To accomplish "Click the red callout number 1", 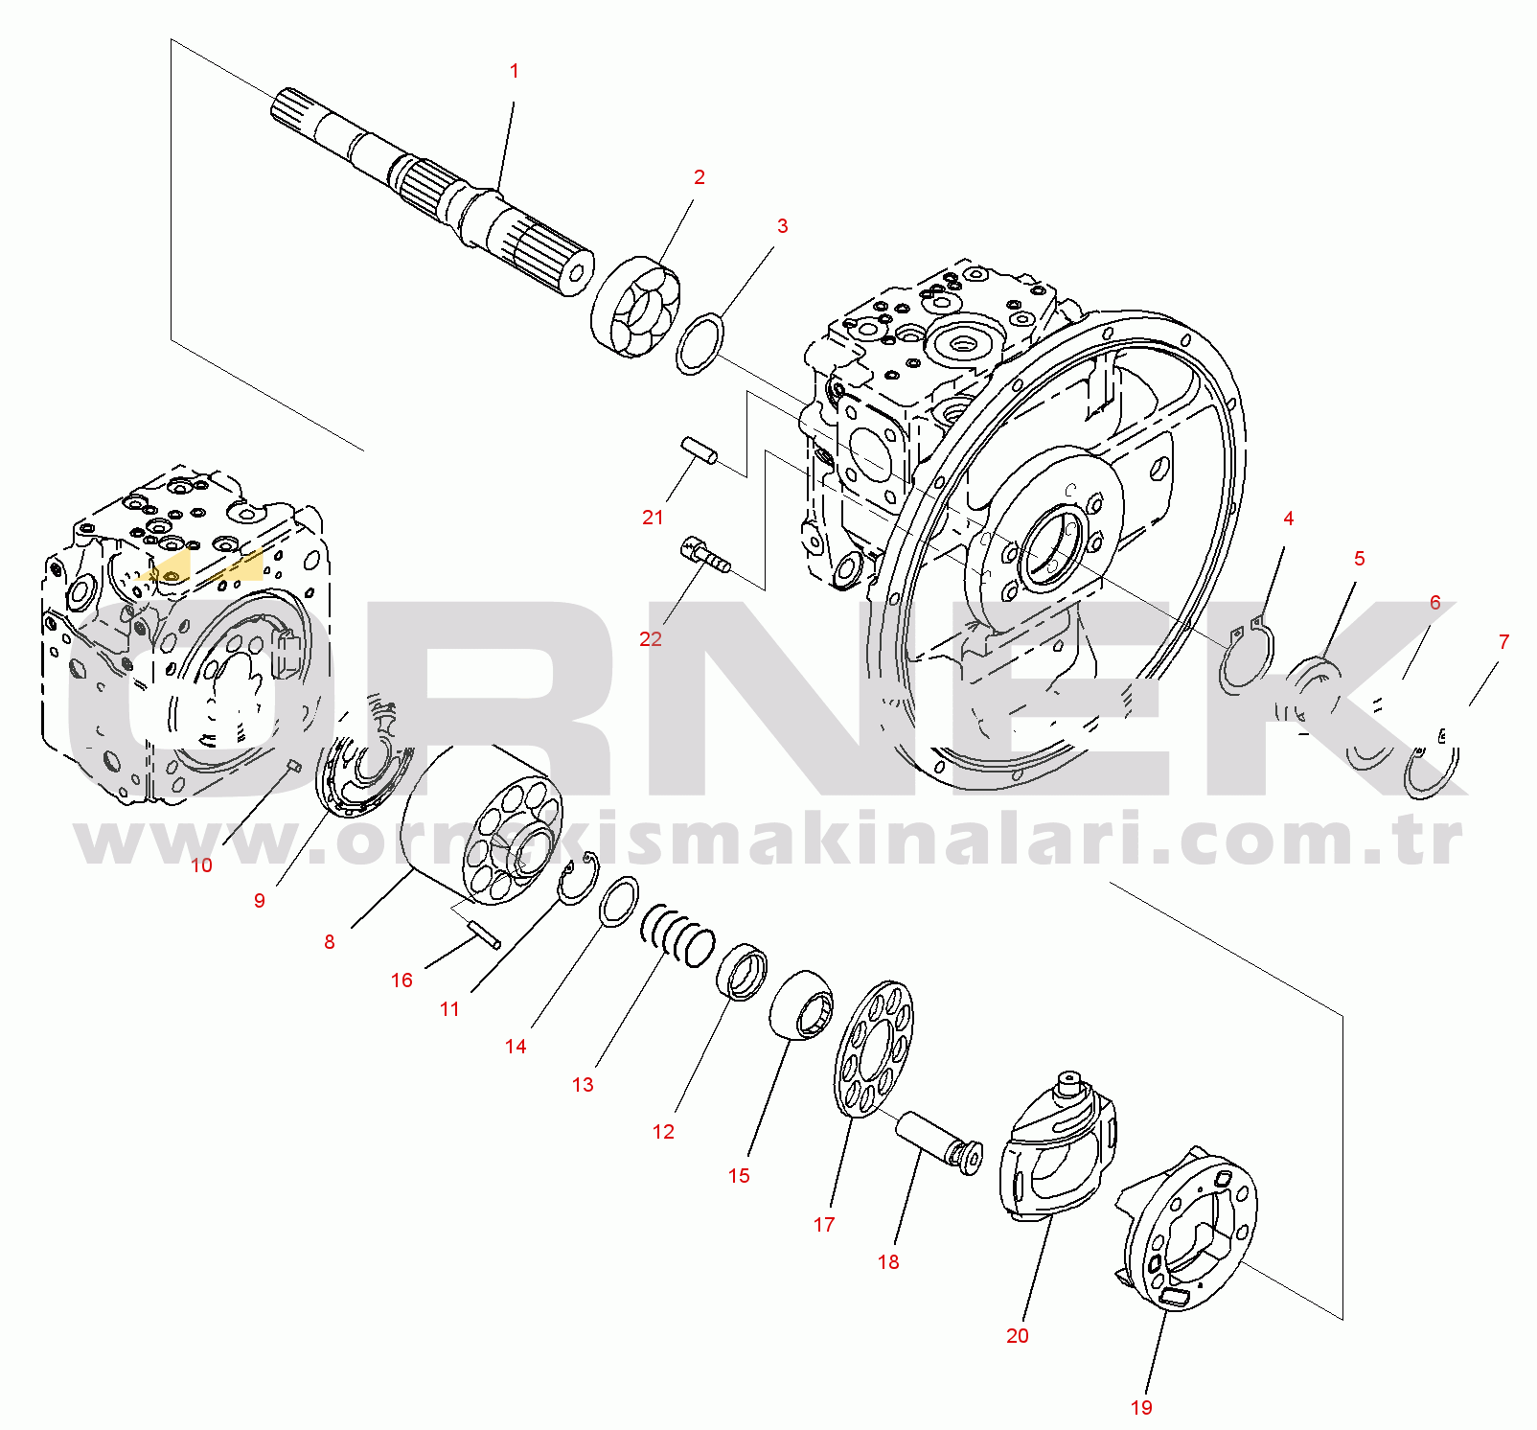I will [515, 71].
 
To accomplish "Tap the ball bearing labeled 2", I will [634, 309].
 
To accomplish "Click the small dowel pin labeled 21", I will [700, 450].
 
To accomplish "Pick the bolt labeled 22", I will [706, 556].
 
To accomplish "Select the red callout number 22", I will [651, 639].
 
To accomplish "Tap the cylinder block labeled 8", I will [479, 824].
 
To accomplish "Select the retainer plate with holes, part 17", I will [874, 1049].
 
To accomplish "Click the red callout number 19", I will [1141, 1408].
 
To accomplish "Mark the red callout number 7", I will [1503, 642].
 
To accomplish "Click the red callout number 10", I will [201, 865].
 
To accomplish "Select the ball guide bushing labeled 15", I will [802, 1004].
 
